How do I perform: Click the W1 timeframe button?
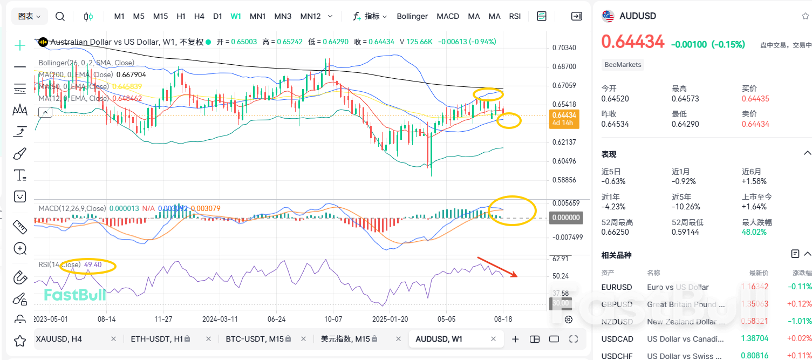pos(236,16)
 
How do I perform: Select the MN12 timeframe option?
pos(310,16)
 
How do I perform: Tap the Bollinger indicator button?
pos(412,16)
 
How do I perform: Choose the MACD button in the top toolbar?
pos(448,16)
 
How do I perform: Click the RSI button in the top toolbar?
pos(515,16)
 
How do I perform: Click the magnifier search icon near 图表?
pos(60,17)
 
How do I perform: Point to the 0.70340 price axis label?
pos(564,48)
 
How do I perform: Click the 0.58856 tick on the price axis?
pos(564,180)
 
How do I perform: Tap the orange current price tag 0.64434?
pos(564,115)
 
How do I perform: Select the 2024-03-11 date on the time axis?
pos(220,319)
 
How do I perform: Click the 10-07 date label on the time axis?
pos(333,319)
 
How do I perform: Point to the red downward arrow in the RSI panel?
pos(497,268)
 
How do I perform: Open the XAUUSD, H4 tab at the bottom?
pos(59,339)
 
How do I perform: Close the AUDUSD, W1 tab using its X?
pos(494,339)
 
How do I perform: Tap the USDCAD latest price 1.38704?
pos(755,339)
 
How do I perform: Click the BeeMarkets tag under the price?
pos(623,65)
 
